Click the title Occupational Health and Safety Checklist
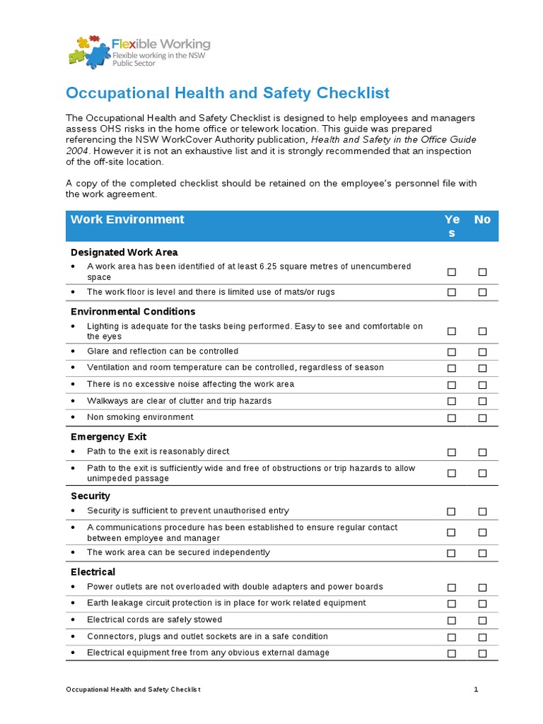point(227,93)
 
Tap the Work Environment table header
point(127,219)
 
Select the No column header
point(482,219)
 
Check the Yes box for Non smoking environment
point(451,418)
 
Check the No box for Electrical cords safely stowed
point(482,620)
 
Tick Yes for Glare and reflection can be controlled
point(451,351)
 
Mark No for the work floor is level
point(482,292)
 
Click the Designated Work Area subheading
point(124,252)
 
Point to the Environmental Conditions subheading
point(133,312)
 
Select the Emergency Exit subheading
point(108,437)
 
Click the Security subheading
point(90,496)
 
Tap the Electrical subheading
point(93,572)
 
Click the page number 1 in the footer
point(477,689)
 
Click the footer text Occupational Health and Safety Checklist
point(133,689)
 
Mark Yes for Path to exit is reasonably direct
point(451,452)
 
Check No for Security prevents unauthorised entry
point(482,511)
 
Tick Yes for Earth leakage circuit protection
point(451,604)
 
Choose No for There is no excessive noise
point(482,385)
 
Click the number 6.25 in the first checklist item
point(270,267)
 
